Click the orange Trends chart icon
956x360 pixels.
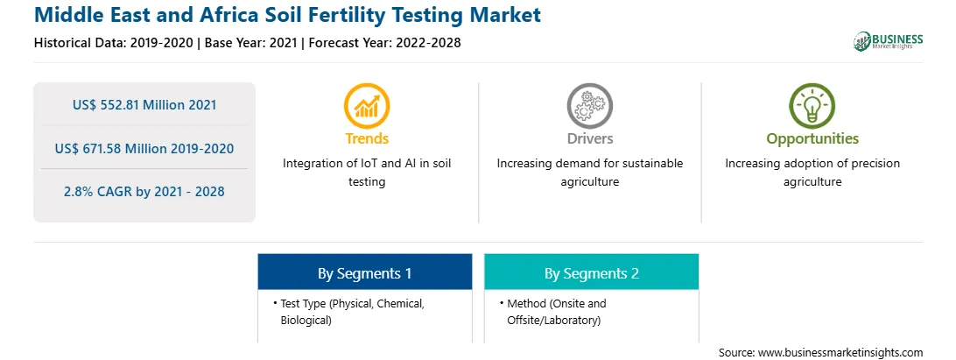[367, 106]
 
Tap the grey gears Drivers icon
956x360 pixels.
[589, 106]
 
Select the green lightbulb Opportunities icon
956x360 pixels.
[812, 106]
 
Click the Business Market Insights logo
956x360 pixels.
[889, 41]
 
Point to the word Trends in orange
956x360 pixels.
[367, 138]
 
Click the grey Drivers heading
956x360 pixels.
[589, 138]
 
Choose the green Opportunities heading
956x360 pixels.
[812, 139]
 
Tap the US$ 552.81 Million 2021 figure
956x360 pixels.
[144, 105]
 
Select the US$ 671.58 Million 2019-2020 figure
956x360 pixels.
[144, 148]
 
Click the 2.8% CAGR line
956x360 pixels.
[144, 192]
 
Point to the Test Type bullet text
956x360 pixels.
[352, 312]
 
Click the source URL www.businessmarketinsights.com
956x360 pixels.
[840, 353]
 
